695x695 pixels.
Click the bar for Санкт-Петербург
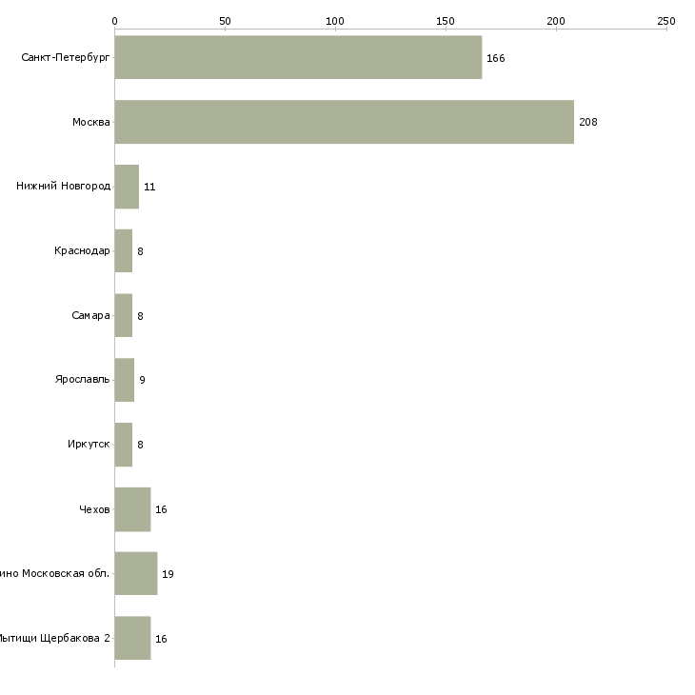click(x=298, y=57)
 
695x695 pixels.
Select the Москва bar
click(x=344, y=122)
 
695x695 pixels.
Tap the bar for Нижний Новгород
click(x=127, y=187)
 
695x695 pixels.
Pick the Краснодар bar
click(x=124, y=251)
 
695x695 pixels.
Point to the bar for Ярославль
click(x=125, y=380)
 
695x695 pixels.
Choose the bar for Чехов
click(x=132, y=509)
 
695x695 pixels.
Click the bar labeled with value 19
click(x=136, y=574)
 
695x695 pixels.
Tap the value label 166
click(x=495, y=58)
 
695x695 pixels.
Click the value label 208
click(x=587, y=123)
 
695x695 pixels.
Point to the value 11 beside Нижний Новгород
click(x=149, y=187)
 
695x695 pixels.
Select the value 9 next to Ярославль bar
click(x=142, y=381)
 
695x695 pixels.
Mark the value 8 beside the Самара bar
click(x=140, y=316)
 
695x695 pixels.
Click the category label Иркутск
click(x=89, y=445)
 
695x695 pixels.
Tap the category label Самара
click(x=90, y=316)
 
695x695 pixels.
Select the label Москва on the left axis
click(x=91, y=123)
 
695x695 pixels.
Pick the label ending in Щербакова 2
click(x=54, y=639)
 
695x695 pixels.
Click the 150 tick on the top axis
click(x=446, y=20)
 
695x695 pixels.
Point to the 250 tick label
click(x=665, y=20)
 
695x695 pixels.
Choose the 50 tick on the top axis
click(x=225, y=20)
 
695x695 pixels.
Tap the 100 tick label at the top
click(x=335, y=20)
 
